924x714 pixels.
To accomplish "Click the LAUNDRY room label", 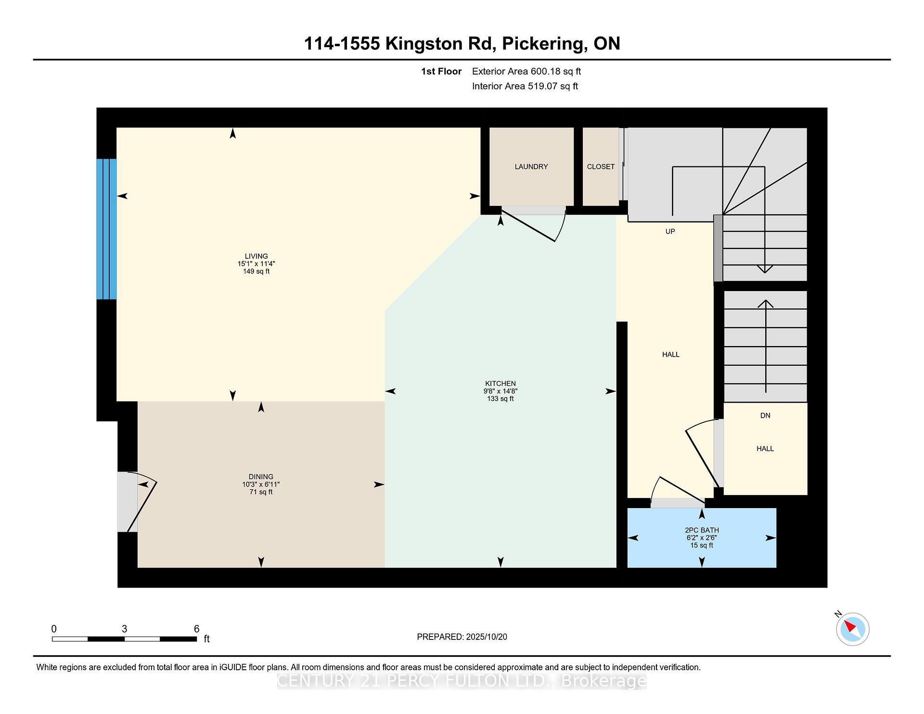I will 531,166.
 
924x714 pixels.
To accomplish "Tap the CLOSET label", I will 601,166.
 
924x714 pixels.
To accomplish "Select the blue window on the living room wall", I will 106,229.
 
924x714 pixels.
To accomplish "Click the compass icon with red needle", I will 852,629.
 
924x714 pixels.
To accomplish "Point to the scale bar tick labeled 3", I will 124,629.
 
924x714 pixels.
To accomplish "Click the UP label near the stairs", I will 670,231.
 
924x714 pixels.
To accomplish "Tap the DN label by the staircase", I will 765,415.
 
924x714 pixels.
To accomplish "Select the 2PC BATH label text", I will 702,530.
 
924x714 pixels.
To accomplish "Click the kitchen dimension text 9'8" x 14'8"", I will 500,391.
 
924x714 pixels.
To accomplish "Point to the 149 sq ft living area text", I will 256,271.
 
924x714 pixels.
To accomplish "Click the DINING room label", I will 261,477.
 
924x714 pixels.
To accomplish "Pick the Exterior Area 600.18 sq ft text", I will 526,71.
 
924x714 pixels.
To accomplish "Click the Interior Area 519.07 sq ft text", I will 525,86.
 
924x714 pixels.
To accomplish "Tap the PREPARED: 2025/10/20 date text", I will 462,637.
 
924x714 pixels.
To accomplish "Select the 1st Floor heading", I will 441,71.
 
